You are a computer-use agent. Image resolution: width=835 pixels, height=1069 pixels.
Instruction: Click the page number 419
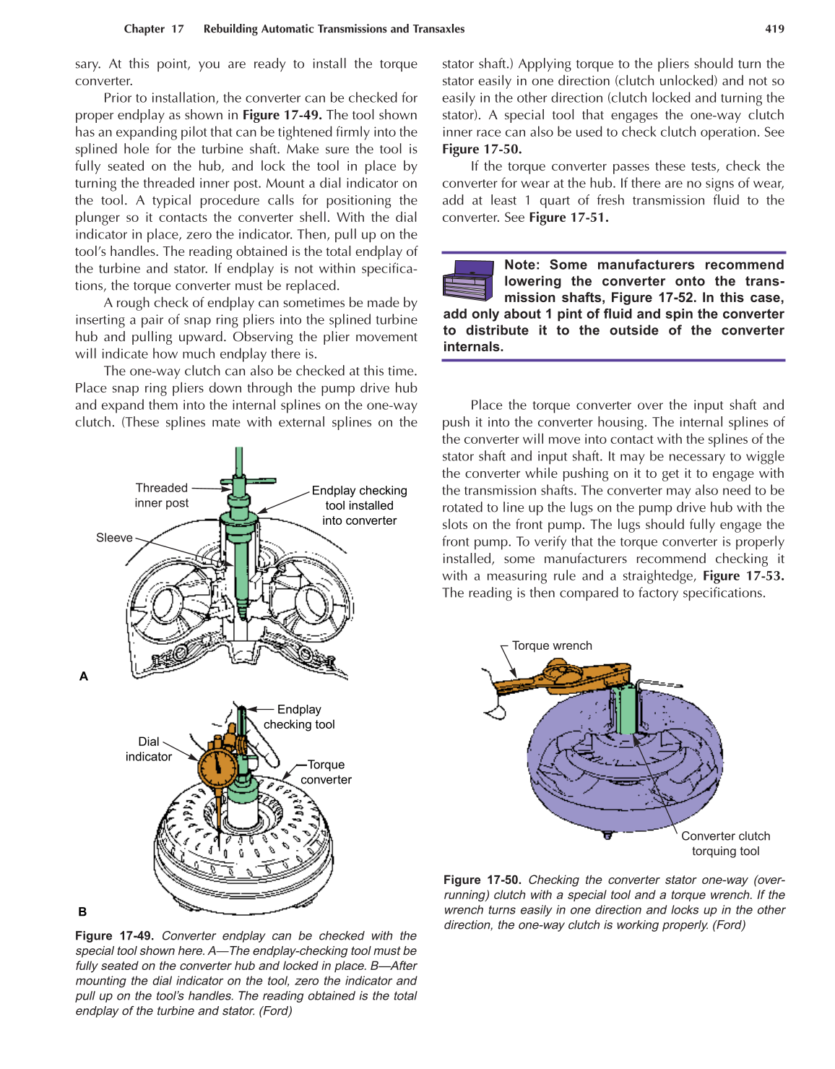tap(774, 29)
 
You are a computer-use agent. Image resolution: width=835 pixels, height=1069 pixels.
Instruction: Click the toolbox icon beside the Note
tap(468, 280)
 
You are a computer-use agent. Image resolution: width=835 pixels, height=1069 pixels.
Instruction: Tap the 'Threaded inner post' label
tap(162, 496)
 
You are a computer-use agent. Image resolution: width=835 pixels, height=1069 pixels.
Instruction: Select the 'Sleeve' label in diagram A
tap(114, 538)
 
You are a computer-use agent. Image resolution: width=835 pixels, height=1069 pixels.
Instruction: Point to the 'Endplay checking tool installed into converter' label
tap(359, 505)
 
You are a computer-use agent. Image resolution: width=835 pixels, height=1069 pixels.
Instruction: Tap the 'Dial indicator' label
tap(148, 749)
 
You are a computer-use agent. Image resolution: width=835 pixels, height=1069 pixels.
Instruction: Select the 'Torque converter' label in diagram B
tap(326, 772)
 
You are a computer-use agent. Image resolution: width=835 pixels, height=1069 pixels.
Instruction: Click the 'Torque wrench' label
tap(552, 645)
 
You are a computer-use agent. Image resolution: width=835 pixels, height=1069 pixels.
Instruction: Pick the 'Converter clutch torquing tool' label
tap(725, 843)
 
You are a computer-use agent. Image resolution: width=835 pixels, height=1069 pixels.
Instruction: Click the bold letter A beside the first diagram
tap(84, 677)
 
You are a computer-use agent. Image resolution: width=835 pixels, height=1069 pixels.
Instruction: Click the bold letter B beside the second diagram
tap(82, 912)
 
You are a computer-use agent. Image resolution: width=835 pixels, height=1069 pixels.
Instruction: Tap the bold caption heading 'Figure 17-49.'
tap(114, 936)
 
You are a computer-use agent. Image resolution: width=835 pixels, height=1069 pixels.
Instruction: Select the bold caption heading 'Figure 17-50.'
tap(482, 880)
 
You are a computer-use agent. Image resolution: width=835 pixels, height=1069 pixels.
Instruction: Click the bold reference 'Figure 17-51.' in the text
tap(568, 218)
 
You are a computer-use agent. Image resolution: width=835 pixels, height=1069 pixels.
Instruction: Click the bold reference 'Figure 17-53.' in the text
tap(743, 576)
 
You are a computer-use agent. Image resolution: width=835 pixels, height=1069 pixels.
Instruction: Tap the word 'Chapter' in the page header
tap(144, 29)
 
